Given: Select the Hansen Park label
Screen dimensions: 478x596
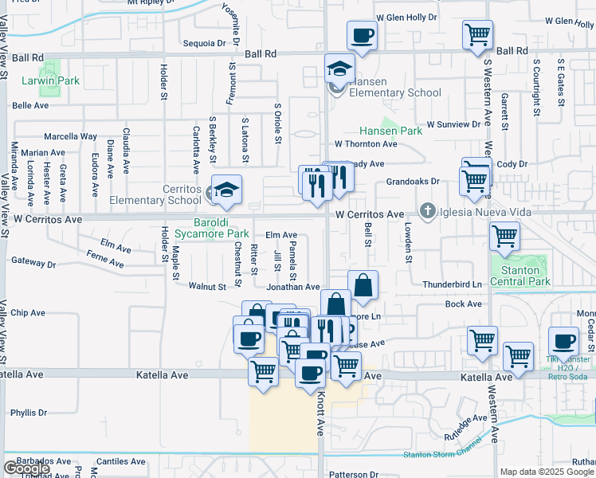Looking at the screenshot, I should pos(390,131).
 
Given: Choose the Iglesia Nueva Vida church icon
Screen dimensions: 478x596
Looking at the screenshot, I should pos(427,212).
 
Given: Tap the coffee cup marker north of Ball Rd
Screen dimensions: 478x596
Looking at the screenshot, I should pos(362,36).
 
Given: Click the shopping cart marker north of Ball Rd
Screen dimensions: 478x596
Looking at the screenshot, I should pos(477,34).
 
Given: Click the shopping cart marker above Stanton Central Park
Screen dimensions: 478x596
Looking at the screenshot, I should pos(504,236).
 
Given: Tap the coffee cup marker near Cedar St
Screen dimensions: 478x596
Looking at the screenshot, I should pos(563,341).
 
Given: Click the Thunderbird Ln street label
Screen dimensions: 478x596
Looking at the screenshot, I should pos(453,284).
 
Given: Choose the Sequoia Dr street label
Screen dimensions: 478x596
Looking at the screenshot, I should pos(204,43).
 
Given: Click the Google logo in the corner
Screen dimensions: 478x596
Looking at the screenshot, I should pos(26,468).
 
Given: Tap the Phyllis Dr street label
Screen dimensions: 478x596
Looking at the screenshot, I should pos(29,413).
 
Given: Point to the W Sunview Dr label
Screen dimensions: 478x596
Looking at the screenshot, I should pos(458,124).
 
